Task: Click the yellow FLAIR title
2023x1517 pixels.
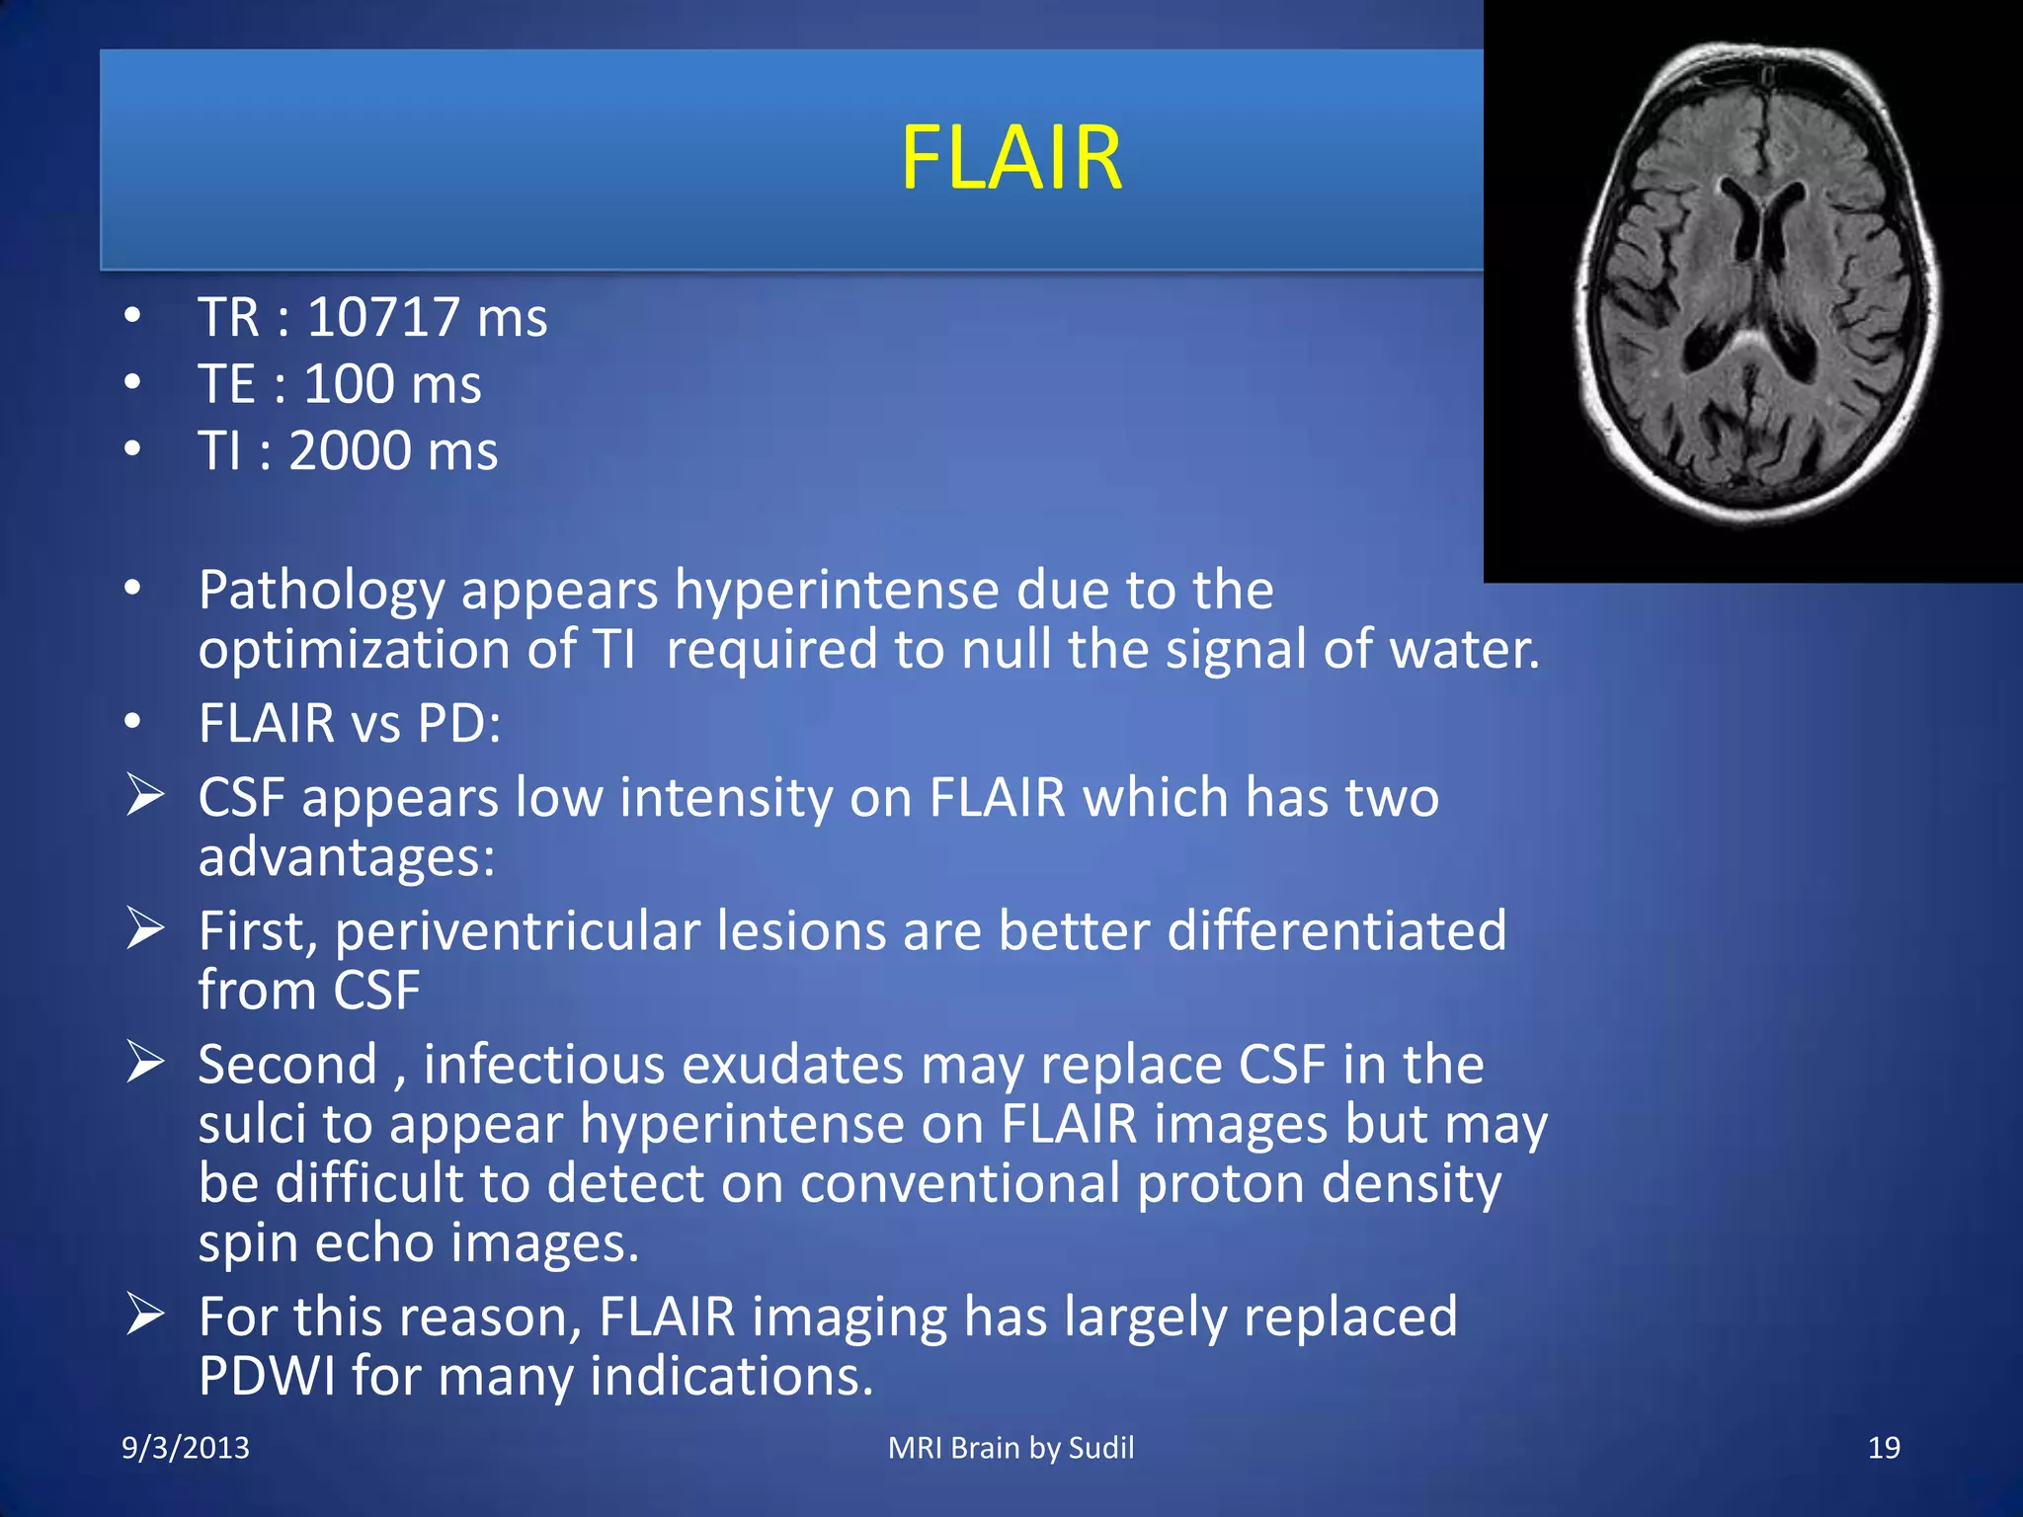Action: tap(1011, 158)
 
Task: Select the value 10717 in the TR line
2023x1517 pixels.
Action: tap(383, 318)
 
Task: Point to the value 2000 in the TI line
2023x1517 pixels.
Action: tap(350, 451)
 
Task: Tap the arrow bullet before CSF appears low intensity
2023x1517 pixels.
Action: tap(144, 796)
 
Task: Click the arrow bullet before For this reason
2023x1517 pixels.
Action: tap(144, 1316)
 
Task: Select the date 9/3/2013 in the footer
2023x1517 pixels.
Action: tap(185, 1448)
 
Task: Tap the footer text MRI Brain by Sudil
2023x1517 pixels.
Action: tap(1011, 1448)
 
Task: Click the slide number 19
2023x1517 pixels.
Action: tap(1883, 1448)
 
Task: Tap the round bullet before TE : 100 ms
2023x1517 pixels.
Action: tap(132, 383)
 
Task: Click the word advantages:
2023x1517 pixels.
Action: tap(346, 857)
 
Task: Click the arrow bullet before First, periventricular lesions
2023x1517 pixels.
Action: tap(144, 929)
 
